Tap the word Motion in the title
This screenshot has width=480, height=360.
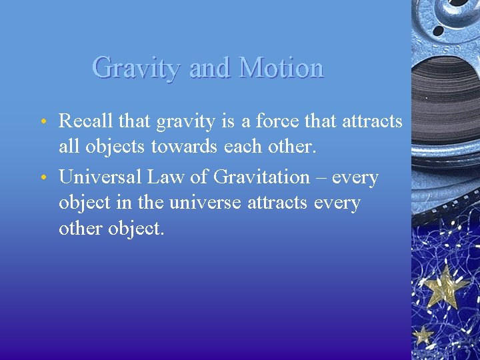(281, 68)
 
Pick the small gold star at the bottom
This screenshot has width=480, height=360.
(422, 335)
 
